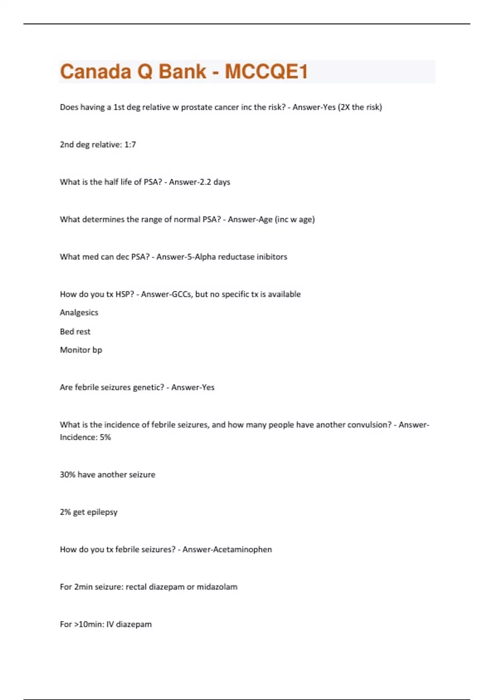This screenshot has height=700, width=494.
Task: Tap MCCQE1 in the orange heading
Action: pyautogui.click(x=266, y=72)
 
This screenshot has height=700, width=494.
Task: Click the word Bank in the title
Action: pyautogui.click(x=182, y=72)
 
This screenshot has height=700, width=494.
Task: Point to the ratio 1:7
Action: pyautogui.click(x=130, y=145)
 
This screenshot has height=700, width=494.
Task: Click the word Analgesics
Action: pyautogui.click(x=79, y=313)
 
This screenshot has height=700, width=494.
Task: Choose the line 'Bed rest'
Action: pyautogui.click(x=75, y=331)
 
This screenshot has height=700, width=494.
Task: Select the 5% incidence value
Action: pyautogui.click(x=105, y=437)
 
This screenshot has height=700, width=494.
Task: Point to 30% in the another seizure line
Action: pyautogui.click(x=68, y=475)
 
